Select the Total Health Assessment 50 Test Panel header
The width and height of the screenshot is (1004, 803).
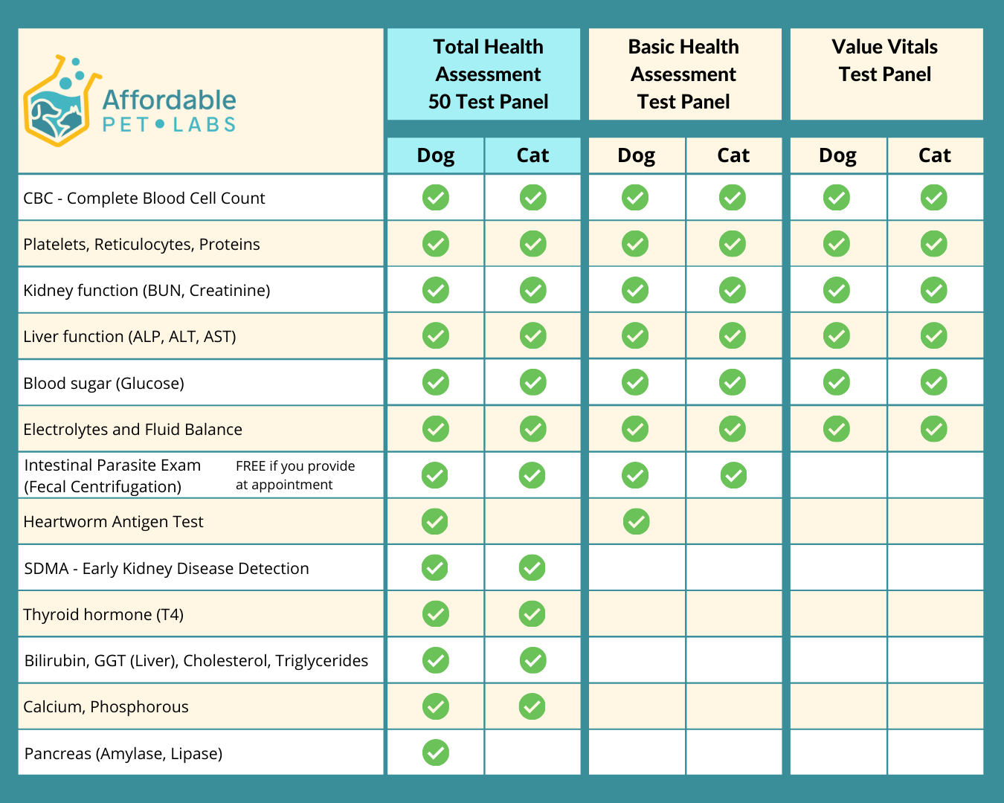click(488, 74)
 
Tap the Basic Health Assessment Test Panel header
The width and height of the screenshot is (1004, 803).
click(683, 74)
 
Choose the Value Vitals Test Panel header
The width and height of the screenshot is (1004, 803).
click(884, 61)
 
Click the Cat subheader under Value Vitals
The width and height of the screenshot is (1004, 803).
click(934, 155)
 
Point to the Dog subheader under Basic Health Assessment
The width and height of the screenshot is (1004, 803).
click(636, 155)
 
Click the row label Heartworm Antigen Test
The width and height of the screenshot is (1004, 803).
click(113, 522)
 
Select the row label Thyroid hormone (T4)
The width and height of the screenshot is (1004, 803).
click(103, 615)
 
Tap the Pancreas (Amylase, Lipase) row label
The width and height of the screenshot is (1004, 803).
click(123, 754)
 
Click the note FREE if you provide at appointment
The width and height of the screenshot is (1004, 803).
click(295, 475)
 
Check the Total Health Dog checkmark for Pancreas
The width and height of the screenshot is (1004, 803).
click(436, 752)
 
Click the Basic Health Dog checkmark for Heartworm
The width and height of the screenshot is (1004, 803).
click(636, 521)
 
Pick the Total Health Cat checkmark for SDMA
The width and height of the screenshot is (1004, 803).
click(532, 568)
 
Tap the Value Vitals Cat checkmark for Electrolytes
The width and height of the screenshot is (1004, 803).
click(933, 429)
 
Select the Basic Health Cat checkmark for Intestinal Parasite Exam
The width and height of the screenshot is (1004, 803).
click(733, 475)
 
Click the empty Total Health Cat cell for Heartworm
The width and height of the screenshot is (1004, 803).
click(532, 521)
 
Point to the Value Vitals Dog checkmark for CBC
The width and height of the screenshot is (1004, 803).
click(837, 198)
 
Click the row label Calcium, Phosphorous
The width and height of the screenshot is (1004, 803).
click(106, 707)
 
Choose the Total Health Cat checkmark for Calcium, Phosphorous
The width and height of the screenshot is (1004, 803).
click(532, 706)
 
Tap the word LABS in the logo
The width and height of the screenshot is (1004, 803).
click(205, 125)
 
